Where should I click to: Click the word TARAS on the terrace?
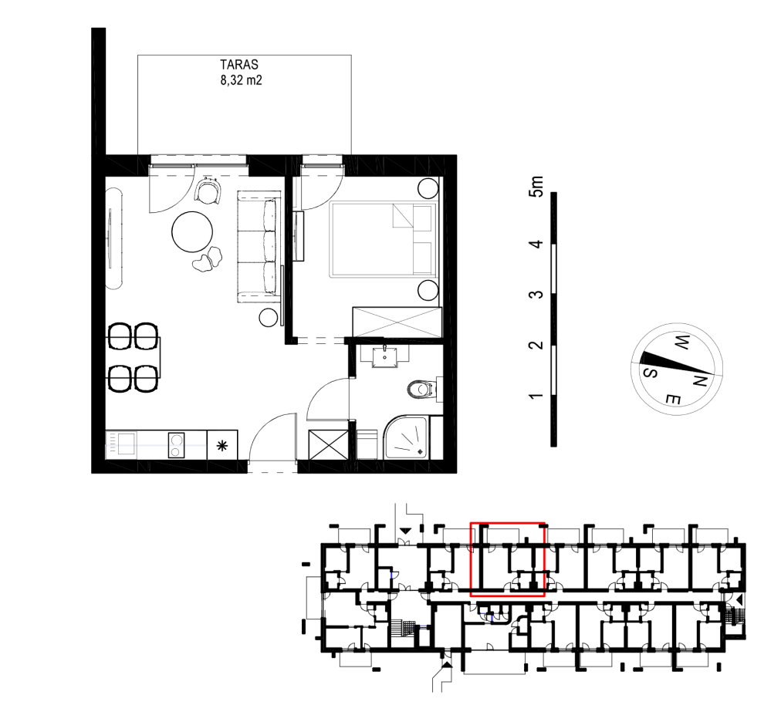(x=239, y=65)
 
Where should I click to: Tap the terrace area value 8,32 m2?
(x=241, y=79)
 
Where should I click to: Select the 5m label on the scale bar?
(x=536, y=187)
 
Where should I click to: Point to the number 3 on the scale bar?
(x=536, y=294)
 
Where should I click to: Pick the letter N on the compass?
(x=700, y=381)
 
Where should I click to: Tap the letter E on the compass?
(x=673, y=398)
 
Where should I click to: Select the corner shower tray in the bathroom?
(x=406, y=437)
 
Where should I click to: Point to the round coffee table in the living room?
(x=192, y=232)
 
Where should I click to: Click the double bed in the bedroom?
(x=383, y=239)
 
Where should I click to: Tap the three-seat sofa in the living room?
(x=258, y=247)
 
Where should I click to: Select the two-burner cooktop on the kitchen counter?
(x=176, y=444)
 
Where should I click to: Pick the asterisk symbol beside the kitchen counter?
(x=222, y=446)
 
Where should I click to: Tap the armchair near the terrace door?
(x=208, y=191)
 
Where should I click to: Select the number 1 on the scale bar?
(x=536, y=396)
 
